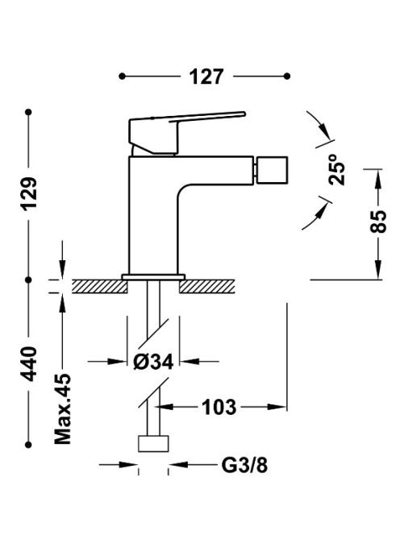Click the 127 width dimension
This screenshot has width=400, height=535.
[x=206, y=77]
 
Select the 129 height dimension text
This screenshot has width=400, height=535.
[x=29, y=193]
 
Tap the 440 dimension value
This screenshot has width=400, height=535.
[x=29, y=363]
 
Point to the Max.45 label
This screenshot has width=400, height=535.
[x=63, y=409]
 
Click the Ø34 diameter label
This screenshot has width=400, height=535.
[x=153, y=361]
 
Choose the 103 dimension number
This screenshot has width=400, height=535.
[x=219, y=407]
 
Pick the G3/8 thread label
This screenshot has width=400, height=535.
[x=244, y=465]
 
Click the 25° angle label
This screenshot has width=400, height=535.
[x=337, y=169]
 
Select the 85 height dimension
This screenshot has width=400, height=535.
[x=378, y=222]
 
